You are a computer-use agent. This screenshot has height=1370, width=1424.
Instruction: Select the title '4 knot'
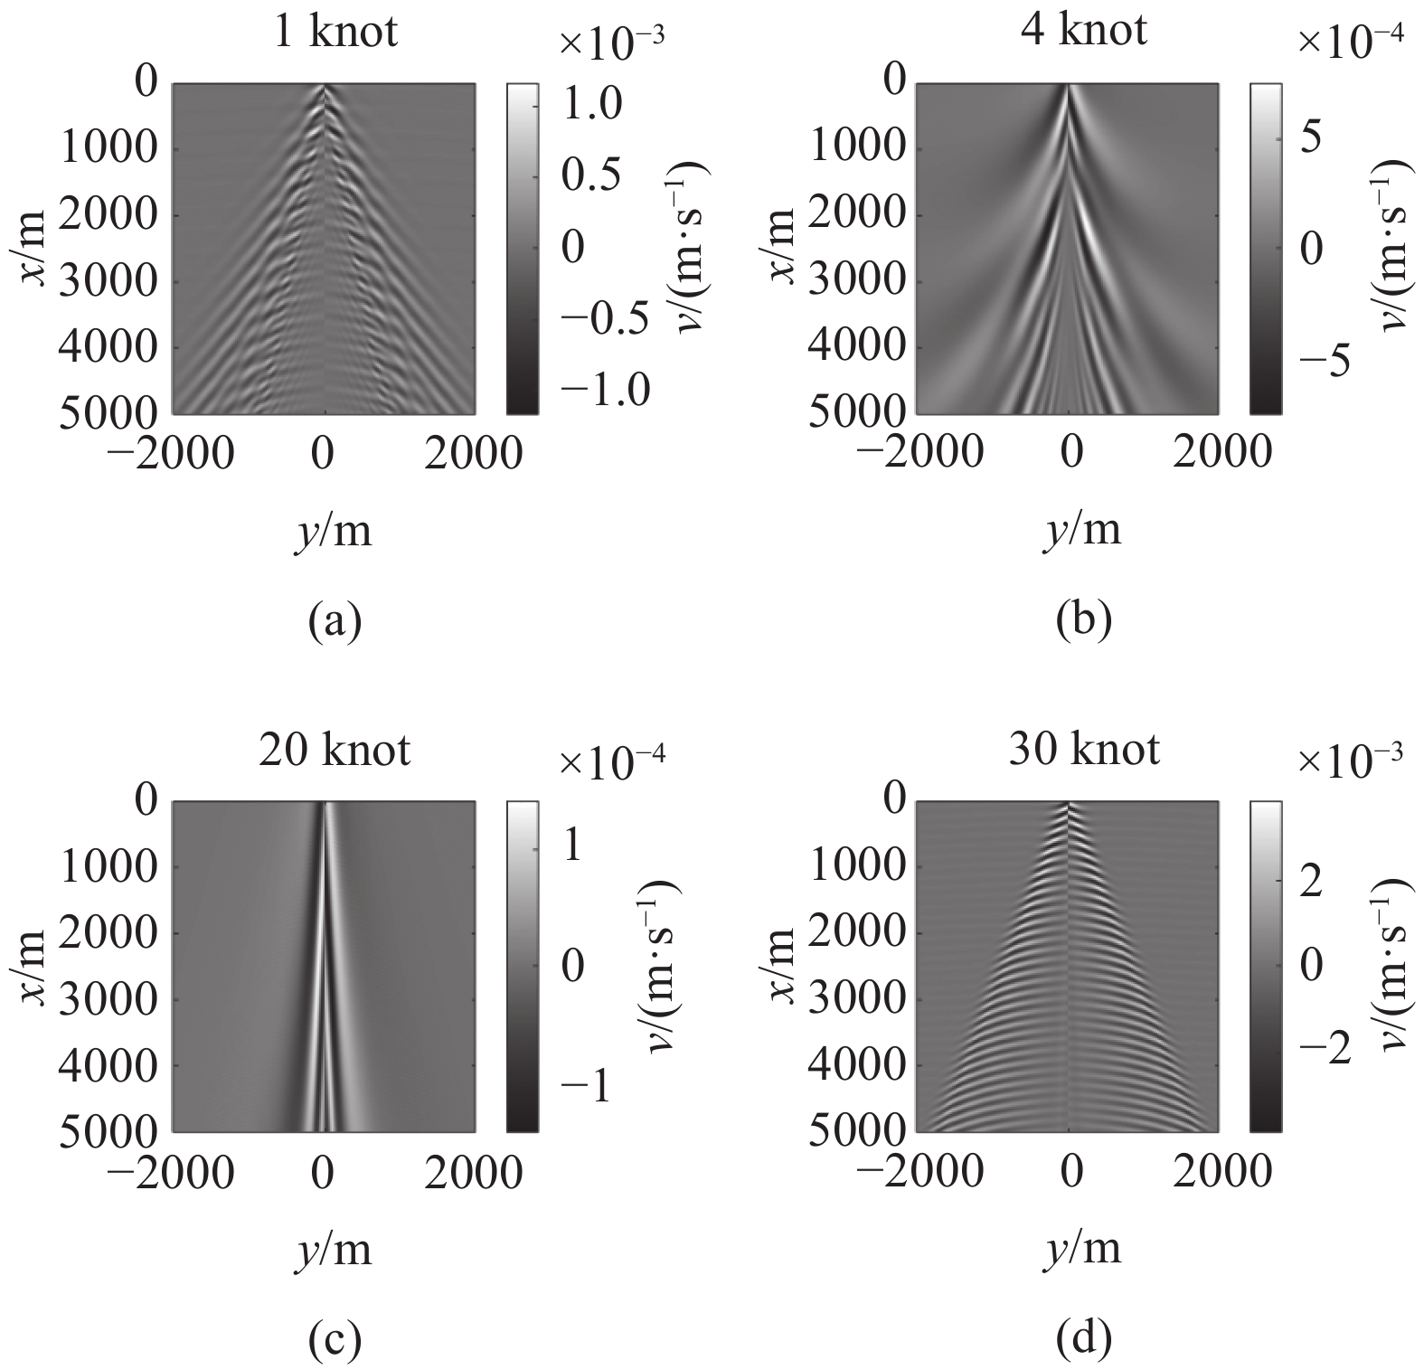1083,30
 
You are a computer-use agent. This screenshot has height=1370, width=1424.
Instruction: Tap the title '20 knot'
335,751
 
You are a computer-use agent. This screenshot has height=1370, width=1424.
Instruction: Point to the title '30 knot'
1083,749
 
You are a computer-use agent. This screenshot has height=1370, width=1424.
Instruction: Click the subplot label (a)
335,622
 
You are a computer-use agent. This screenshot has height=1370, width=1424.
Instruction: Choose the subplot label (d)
1083,1340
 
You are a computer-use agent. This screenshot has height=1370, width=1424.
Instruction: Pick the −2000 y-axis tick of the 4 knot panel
919,451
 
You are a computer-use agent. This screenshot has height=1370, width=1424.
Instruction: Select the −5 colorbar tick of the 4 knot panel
1323,361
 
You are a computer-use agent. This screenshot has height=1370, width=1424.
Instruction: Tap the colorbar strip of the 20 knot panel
522,966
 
